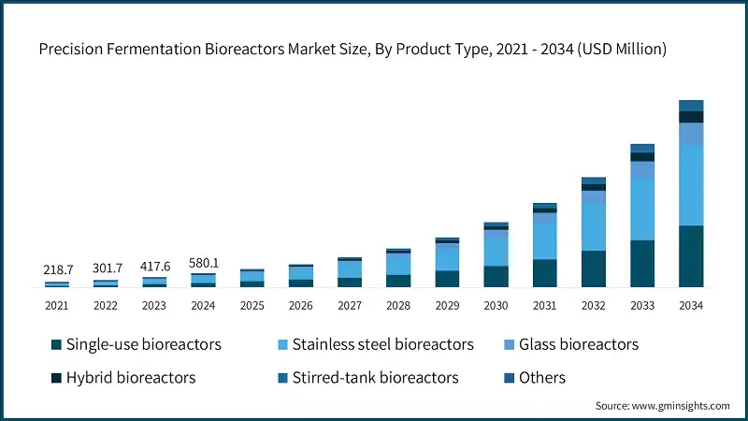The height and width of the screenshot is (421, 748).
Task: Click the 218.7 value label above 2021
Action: [x=57, y=269]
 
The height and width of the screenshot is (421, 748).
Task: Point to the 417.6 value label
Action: [x=154, y=266]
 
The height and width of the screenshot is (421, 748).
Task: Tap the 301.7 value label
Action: [x=106, y=269]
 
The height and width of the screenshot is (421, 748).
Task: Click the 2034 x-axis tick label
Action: [x=690, y=305]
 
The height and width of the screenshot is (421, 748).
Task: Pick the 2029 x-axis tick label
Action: [x=447, y=305]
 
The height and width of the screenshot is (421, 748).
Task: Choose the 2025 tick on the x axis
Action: [x=252, y=305]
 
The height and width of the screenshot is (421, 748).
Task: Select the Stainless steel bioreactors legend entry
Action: [x=382, y=344]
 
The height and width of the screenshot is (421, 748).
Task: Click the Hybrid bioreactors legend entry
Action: [x=130, y=378]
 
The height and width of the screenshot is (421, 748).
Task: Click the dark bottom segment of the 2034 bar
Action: [x=690, y=256]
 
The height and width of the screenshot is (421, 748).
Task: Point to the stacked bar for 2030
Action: [x=496, y=254]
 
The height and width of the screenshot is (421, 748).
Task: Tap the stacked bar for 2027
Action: [x=350, y=272]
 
